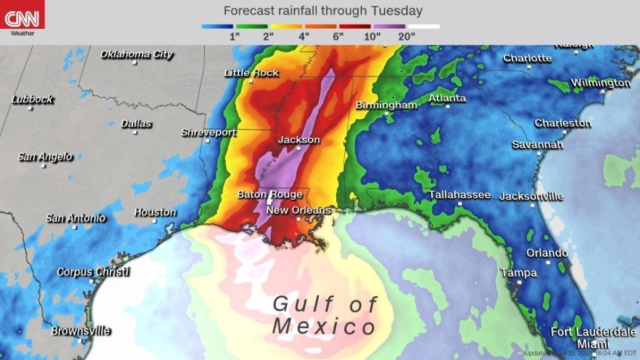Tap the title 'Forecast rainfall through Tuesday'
point(322,11)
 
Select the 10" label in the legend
point(372,36)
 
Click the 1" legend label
point(235,36)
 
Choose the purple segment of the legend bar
point(389,27)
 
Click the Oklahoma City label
point(137,54)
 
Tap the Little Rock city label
point(251,73)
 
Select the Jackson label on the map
point(299,140)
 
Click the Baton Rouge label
point(269,195)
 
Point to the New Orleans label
point(298,211)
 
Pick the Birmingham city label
point(386,106)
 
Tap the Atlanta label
point(447,98)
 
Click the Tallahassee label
point(459,195)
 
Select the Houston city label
point(155,212)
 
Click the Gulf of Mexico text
point(325,315)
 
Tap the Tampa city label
point(519,273)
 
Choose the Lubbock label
point(32,99)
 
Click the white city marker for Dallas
point(136,132)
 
